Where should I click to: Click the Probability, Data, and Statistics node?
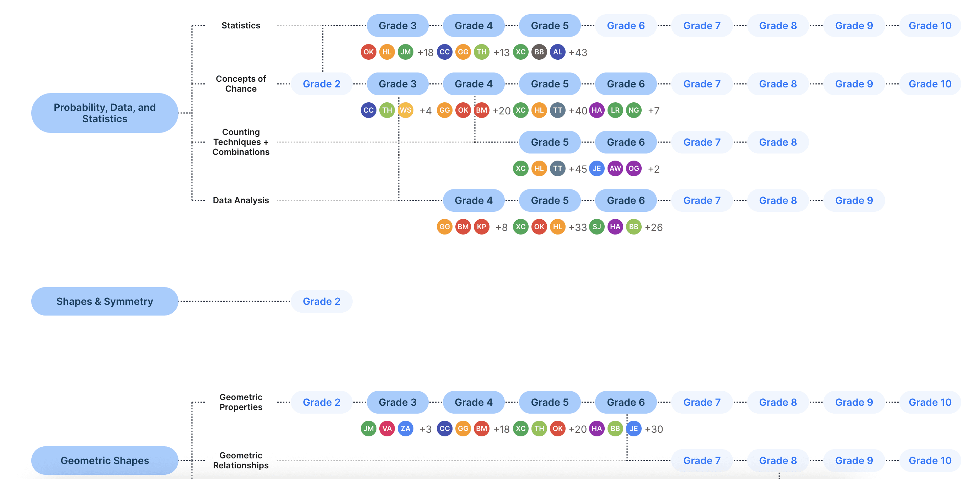point(105,113)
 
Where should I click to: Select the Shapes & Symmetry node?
point(105,301)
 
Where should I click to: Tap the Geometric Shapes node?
point(105,461)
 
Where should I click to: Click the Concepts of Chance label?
point(241,84)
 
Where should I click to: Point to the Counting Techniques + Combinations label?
point(241,142)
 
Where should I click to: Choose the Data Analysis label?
point(241,200)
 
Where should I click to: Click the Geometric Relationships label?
point(241,461)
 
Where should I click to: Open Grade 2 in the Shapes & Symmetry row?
point(321,301)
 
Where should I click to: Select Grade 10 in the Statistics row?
point(930,26)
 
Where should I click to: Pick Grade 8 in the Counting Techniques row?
point(777,142)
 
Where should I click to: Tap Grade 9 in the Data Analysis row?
point(854,200)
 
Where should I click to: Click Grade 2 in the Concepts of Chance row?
point(321,84)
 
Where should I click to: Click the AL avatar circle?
point(557,52)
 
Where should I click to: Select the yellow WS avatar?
point(406,110)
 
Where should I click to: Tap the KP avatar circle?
point(482,227)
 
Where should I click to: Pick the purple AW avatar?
point(615,169)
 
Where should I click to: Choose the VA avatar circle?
point(387,429)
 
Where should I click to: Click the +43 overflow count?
point(578,53)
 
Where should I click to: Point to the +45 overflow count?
point(578,169)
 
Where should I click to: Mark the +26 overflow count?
point(654,227)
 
